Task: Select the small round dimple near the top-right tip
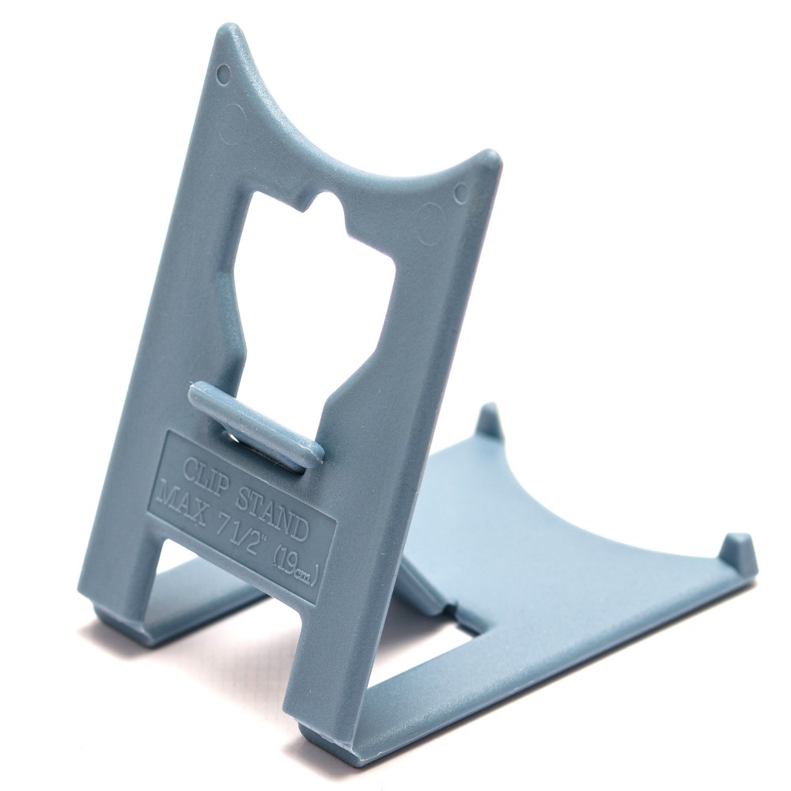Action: click(x=461, y=191)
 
